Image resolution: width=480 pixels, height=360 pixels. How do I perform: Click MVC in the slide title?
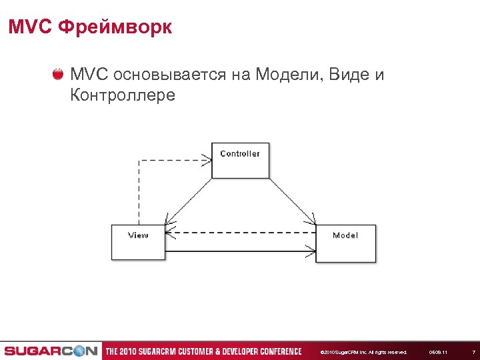30,27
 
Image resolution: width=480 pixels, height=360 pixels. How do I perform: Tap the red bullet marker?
59,73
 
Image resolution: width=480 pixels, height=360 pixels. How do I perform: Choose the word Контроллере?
122,95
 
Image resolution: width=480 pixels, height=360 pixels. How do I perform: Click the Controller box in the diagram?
240,160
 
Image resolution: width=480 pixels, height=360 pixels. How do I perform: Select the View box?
138,241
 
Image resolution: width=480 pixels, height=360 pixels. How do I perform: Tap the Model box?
345,243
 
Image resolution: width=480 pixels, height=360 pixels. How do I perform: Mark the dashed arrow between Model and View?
240,233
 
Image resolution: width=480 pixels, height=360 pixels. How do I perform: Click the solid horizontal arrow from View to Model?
240,251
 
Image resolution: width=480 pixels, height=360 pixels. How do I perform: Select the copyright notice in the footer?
363,352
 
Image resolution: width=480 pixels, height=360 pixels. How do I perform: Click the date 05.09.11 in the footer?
438,352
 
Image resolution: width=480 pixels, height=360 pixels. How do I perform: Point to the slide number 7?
473,352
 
